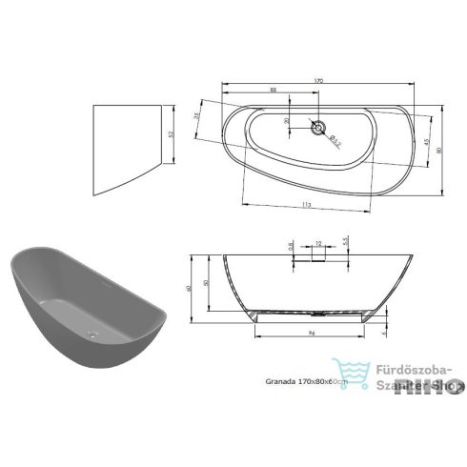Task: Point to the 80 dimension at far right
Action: point(439,148)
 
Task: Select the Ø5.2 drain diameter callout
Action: point(336,141)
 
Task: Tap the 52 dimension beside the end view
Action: point(171,135)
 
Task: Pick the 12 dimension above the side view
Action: point(316,243)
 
